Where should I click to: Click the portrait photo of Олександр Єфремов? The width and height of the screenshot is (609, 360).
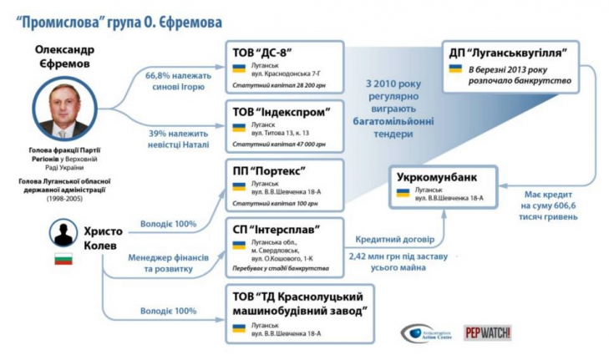pos(63,110)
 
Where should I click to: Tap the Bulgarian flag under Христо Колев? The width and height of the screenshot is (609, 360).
pos(63,259)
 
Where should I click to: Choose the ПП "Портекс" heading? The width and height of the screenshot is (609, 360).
pos(270,170)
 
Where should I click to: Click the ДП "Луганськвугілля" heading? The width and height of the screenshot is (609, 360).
pos(510,53)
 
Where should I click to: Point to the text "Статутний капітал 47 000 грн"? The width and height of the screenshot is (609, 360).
pos(282,144)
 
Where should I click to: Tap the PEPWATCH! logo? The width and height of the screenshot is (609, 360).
pos(488,332)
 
